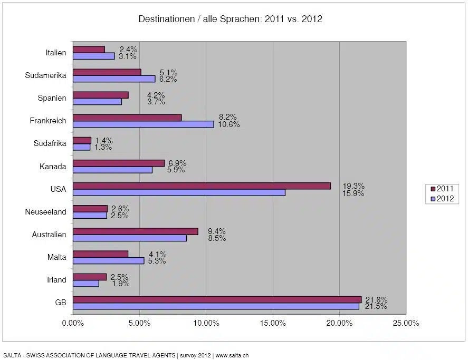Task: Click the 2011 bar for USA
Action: (x=202, y=186)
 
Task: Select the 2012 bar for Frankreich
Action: (x=143, y=124)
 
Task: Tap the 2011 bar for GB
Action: (x=217, y=299)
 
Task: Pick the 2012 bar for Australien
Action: (x=129, y=238)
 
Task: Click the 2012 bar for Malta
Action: (x=108, y=260)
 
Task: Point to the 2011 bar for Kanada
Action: (x=118, y=163)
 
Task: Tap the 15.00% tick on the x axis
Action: (x=272, y=323)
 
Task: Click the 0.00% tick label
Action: (x=73, y=323)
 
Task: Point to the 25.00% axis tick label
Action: (x=405, y=323)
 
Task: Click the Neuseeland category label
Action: (x=46, y=212)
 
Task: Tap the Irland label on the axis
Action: (x=56, y=280)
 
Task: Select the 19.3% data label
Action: (x=352, y=186)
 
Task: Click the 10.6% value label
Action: (x=229, y=124)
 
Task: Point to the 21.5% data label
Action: (x=376, y=306)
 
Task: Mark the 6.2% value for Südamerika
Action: (x=168, y=79)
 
